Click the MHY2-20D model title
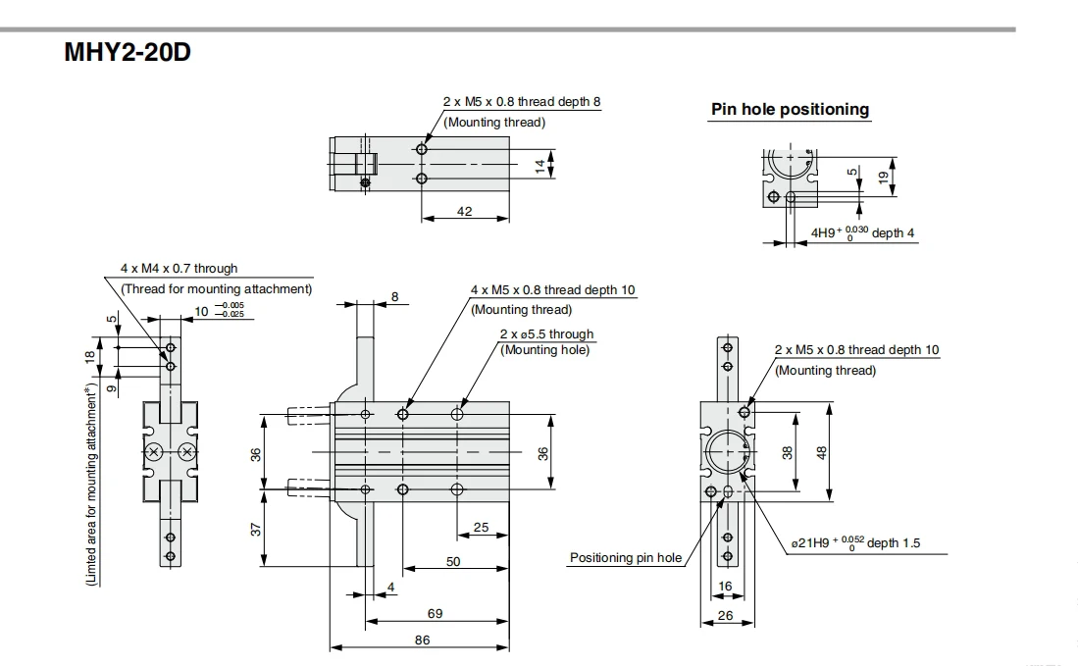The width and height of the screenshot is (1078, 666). click(128, 52)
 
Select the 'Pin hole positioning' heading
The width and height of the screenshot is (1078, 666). click(790, 109)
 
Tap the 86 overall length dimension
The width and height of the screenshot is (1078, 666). click(422, 640)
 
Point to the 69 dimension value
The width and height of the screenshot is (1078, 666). click(435, 613)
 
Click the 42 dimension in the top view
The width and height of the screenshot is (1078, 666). click(465, 211)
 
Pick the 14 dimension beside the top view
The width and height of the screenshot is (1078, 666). click(540, 166)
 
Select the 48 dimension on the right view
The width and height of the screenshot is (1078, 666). click(822, 452)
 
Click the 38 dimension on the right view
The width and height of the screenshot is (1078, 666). click(788, 452)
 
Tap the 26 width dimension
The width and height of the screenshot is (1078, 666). click(725, 615)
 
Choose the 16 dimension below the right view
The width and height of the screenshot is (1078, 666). click(725, 587)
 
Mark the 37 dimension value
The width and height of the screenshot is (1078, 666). click(256, 530)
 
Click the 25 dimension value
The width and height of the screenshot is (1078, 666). click(482, 527)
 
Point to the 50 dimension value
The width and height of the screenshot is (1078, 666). click(453, 561)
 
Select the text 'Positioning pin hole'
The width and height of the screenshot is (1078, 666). click(626, 557)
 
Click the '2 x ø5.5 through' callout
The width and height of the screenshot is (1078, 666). click(546, 334)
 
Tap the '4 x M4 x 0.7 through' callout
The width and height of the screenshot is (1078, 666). click(179, 268)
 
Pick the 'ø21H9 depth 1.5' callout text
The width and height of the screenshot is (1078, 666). click(855, 542)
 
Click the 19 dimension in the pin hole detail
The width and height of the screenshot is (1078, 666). click(884, 177)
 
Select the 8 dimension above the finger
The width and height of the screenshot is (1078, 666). click(394, 297)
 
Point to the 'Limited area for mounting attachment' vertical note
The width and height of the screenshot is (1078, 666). click(91, 486)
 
